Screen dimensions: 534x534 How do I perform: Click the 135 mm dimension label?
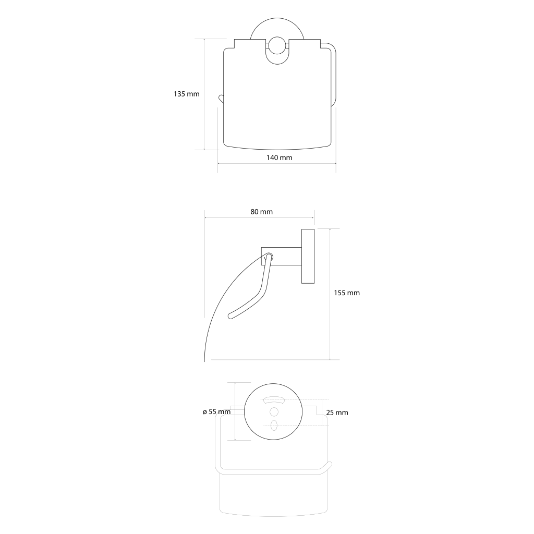(x=186, y=94)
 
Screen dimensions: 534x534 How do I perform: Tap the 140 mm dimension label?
(x=280, y=157)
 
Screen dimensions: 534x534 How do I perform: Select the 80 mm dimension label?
(x=262, y=212)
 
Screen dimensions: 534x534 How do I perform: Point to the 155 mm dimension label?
(x=347, y=293)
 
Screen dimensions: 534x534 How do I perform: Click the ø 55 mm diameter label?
(x=216, y=412)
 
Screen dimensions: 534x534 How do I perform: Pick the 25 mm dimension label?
(x=337, y=413)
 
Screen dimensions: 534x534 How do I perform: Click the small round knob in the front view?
(x=277, y=45)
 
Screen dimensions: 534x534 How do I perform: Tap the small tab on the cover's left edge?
(x=221, y=99)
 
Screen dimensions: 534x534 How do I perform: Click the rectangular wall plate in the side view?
(x=308, y=256)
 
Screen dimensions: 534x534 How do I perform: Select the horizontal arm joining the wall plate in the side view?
(x=281, y=257)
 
